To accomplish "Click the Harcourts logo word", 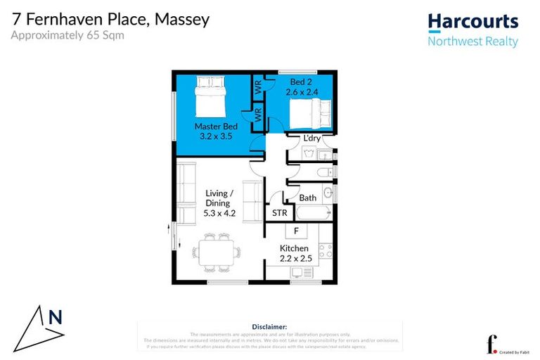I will pyautogui.click(x=472, y=22).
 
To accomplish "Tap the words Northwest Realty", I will pyautogui.click(x=472, y=41).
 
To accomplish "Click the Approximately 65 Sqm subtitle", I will pyautogui.click(x=67, y=34).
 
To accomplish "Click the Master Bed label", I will pyautogui.click(x=216, y=127).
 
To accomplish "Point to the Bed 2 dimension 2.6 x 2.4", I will pyautogui.click(x=302, y=91).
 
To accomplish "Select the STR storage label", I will pyautogui.click(x=278, y=213).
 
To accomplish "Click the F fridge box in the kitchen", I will pyautogui.click(x=296, y=231).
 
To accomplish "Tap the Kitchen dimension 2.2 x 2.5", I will pyautogui.click(x=293, y=259).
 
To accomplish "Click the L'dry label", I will pyautogui.click(x=311, y=138).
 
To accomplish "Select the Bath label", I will pyautogui.click(x=307, y=198).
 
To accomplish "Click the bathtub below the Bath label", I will pyautogui.click(x=310, y=212).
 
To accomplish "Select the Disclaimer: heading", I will pyautogui.click(x=269, y=327).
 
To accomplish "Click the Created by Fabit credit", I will pyautogui.click(x=515, y=351).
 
